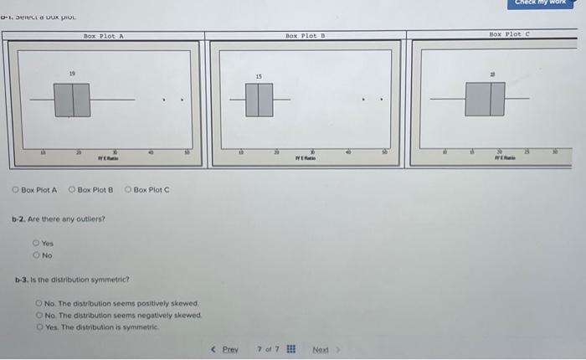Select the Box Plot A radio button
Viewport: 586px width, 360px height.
(16, 190)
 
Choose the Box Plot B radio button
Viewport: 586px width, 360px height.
(72, 190)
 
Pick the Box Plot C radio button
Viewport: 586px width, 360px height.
(128, 190)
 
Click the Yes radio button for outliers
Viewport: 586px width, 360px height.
(36, 244)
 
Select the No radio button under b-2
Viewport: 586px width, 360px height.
(36, 255)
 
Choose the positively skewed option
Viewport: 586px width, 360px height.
(39, 303)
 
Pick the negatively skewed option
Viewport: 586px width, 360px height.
(39, 315)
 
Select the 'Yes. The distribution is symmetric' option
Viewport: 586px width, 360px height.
(39, 326)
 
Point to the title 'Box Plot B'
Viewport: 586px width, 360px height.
(305, 36)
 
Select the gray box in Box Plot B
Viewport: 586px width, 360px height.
(260, 101)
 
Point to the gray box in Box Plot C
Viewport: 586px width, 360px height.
(485, 100)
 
